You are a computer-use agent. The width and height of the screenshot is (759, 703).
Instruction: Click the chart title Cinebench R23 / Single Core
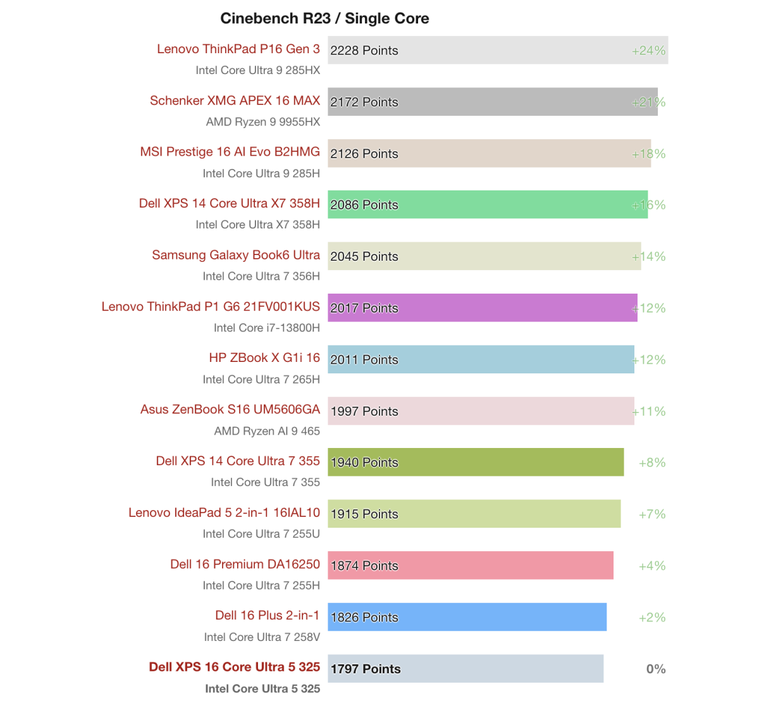click(x=324, y=18)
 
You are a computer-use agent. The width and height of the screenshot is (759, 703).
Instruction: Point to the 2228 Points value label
click(x=364, y=51)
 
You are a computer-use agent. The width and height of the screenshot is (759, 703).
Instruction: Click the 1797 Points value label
click(x=366, y=669)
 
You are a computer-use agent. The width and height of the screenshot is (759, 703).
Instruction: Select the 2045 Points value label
click(x=364, y=256)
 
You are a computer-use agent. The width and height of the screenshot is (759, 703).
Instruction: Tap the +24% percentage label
click(x=649, y=51)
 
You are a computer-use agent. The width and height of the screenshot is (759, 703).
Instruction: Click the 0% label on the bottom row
click(x=656, y=669)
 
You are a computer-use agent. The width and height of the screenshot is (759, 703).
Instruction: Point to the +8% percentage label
click(x=652, y=463)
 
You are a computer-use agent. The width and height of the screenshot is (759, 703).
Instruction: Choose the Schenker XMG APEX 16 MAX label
click(x=235, y=101)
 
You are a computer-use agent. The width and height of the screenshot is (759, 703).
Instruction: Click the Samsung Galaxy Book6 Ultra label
click(x=236, y=255)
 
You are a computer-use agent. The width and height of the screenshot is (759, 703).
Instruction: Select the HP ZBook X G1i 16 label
click(x=264, y=358)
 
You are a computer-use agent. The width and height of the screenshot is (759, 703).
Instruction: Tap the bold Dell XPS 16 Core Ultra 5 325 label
click(x=234, y=667)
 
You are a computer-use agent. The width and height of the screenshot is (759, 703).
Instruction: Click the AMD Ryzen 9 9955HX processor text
click(x=263, y=121)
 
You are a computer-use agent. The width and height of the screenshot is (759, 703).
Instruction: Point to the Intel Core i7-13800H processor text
click(x=267, y=328)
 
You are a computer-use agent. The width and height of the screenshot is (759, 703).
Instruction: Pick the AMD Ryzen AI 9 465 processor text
click(x=267, y=431)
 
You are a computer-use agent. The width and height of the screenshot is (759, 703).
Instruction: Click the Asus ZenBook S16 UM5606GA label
click(x=230, y=409)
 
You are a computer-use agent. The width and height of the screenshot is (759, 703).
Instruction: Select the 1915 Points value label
click(x=364, y=514)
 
